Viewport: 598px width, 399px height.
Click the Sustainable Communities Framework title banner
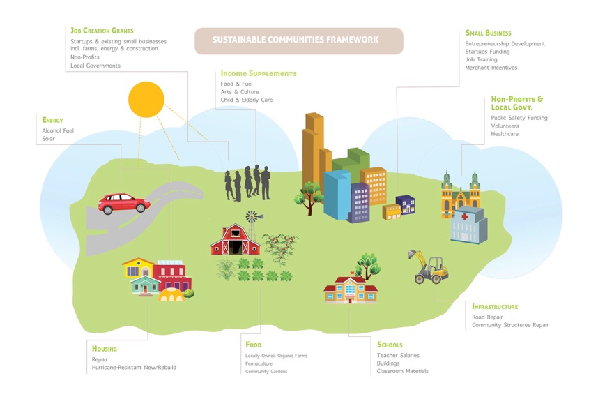[298, 40]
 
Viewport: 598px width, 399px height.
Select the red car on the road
[124, 204]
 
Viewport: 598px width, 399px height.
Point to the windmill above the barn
[255, 218]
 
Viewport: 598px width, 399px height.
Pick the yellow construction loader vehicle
[429, 266]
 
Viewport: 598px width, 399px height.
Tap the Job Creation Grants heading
[102, 31]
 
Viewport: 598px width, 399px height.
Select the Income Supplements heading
[258, 73]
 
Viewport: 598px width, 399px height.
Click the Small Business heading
[488, 33]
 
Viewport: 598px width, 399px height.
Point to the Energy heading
[52, 120]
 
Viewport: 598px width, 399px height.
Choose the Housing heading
[104, 349]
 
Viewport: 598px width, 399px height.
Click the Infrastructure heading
[494, 306]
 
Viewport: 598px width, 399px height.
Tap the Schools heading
[389, 345]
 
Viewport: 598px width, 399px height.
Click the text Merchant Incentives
[491, 67]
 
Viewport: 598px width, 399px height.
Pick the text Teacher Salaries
[398, 355]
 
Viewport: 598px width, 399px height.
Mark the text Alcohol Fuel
[57, 130]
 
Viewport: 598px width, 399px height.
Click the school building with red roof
[351, 289]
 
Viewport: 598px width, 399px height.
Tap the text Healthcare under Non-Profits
[505, 134]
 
